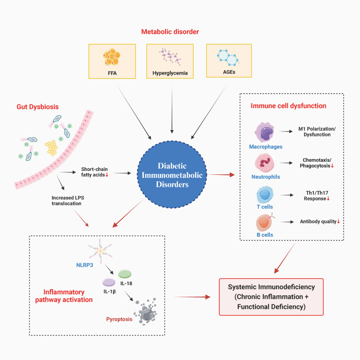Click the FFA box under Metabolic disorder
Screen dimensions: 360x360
[112, 61]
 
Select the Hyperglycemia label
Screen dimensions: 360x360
[170, 73]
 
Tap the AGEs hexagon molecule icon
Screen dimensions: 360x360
[228, 57]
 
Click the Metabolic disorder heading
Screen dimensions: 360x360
[170, 32]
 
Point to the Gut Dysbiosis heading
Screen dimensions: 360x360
[37, 107]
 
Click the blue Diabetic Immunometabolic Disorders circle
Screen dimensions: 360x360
[172, 175]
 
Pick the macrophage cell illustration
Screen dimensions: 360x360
[264, 132]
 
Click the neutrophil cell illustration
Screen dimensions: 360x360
[265, 163]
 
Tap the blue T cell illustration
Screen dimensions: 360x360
[265, 195]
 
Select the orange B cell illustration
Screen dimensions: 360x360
[265, 222]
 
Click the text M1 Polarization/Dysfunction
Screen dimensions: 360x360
[317, 132]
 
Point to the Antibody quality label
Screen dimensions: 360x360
[318, 222]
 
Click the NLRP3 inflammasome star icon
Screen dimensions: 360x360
[100, 251]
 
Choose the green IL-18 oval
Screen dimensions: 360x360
[125, 274]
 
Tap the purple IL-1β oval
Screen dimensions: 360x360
[109, 282]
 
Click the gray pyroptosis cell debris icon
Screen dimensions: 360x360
[145, 312]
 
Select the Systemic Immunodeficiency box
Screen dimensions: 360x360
[271, 297]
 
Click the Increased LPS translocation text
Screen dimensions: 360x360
[68, 200]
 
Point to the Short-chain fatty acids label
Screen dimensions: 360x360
[94, 172]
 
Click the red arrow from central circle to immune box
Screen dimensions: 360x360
[221, 175]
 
